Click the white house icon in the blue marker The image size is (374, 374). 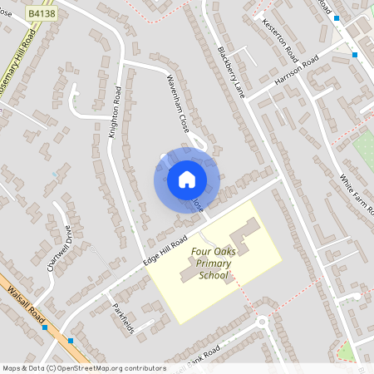(x=187, y=179)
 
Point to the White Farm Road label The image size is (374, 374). (x=358, y=193)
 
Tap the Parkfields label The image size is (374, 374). (x=122, y=317)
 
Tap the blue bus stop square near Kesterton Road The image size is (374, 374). (x=355, y=55)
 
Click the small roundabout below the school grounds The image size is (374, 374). (x=263, y=322)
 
